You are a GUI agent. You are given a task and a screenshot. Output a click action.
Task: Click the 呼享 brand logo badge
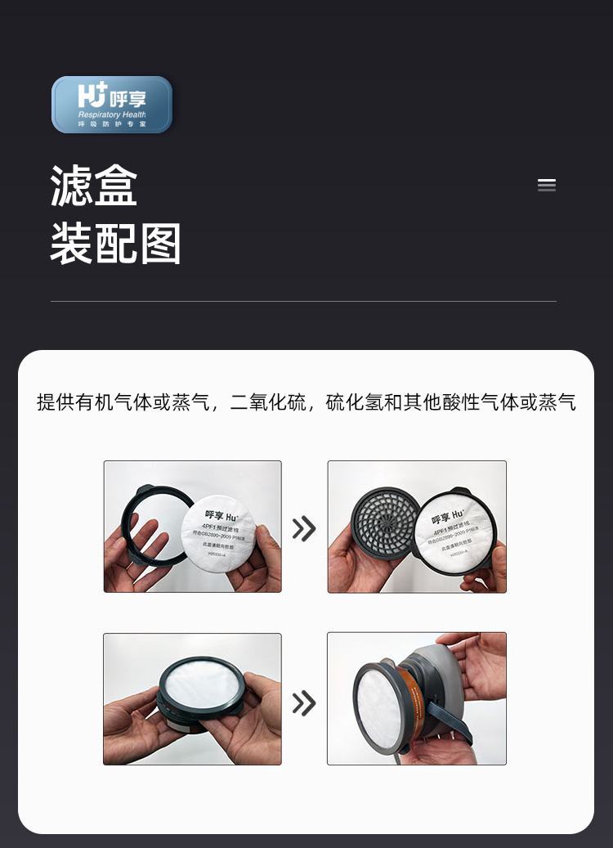coord(112,105)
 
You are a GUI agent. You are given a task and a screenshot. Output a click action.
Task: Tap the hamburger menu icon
coord(547,185)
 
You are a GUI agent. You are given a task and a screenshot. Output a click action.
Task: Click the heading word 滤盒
coord(94,186)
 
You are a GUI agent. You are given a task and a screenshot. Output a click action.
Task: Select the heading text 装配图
coord(116,244)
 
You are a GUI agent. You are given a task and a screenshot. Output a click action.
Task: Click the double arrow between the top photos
coord(304,528)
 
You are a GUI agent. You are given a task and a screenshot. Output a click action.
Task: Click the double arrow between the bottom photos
coord(304,702)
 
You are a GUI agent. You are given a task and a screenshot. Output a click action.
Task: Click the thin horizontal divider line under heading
coord(303,302)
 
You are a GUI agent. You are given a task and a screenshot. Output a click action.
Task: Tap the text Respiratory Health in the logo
coord(112,115)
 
